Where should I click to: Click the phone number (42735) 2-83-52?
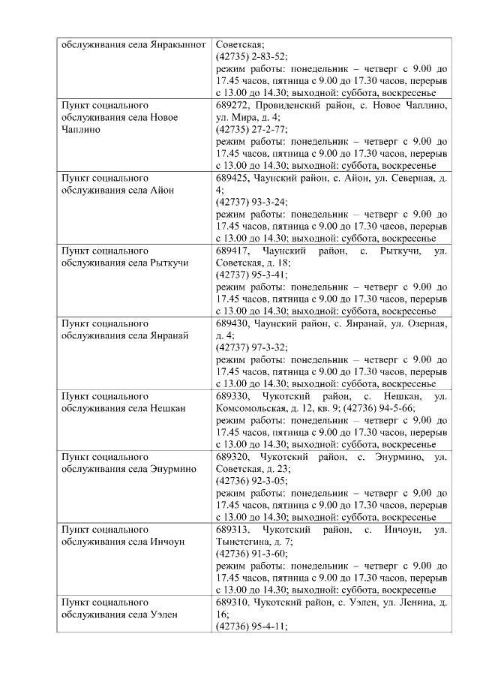(251, 56)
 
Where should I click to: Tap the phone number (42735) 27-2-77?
(251, 128)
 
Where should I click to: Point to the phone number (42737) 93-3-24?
(251, 202)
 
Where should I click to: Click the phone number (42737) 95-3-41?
(251, 275)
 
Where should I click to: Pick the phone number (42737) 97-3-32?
(251, 348)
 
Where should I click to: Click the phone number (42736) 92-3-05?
(251, 481)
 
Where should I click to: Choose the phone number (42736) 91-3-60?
(251, 554)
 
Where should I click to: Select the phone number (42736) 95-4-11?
(251, 626)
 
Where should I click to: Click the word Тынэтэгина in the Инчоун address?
(242, 542)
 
